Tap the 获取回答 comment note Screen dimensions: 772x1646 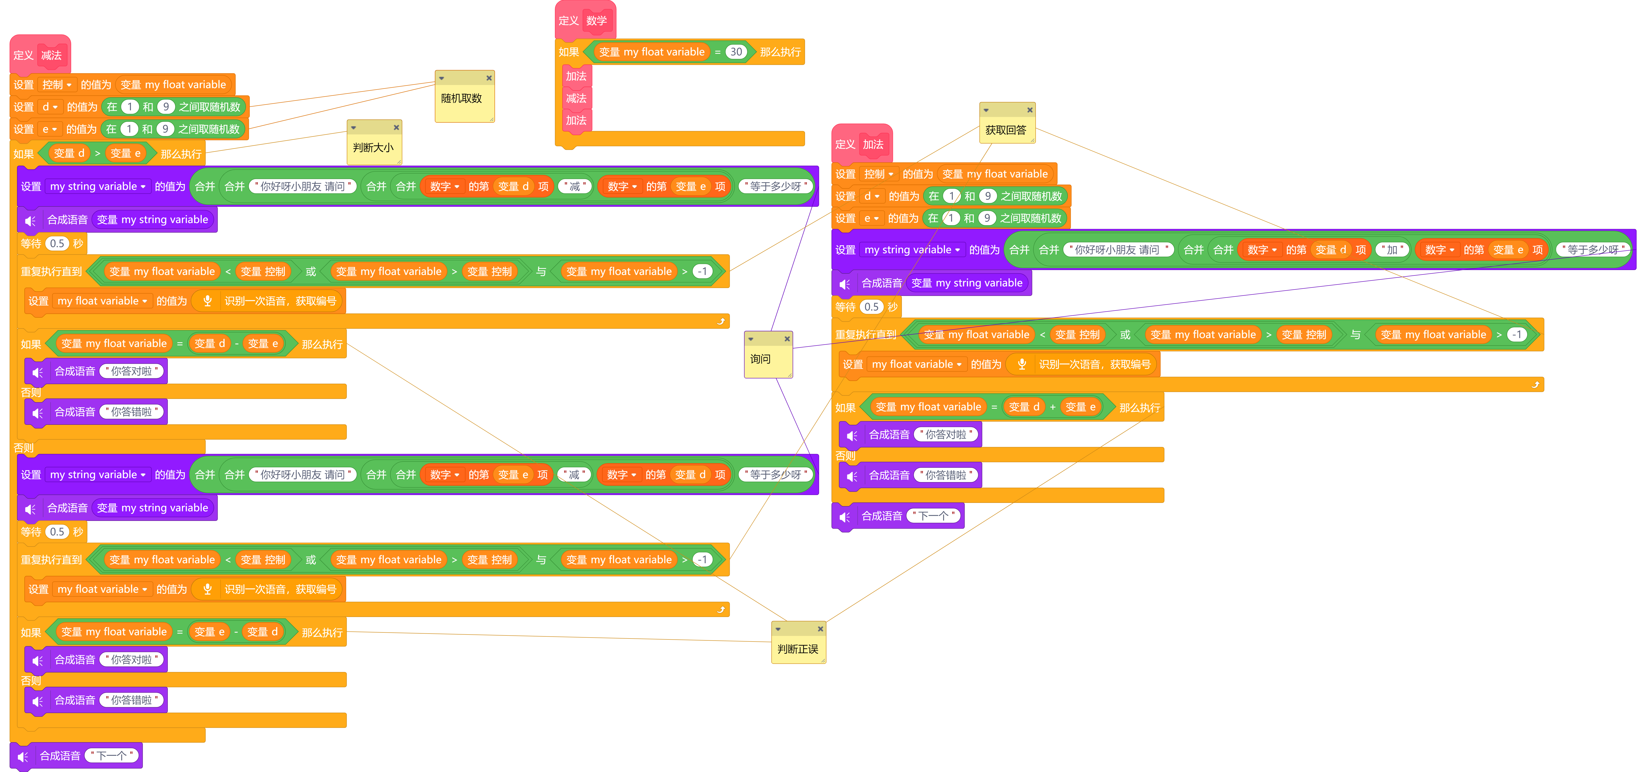1006,130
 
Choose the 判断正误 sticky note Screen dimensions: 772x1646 797,649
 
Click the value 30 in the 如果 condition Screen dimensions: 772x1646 736,52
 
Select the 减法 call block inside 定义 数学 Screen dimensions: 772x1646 576,98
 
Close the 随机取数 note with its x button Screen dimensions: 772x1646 489,78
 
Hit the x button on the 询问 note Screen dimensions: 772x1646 787,339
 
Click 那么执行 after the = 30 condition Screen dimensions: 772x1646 780,52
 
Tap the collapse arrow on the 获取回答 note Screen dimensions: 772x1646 986,110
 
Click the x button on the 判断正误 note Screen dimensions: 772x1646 821,629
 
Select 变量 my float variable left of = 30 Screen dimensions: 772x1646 652,52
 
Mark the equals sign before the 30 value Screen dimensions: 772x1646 717,52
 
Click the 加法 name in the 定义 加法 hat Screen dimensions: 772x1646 873,144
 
